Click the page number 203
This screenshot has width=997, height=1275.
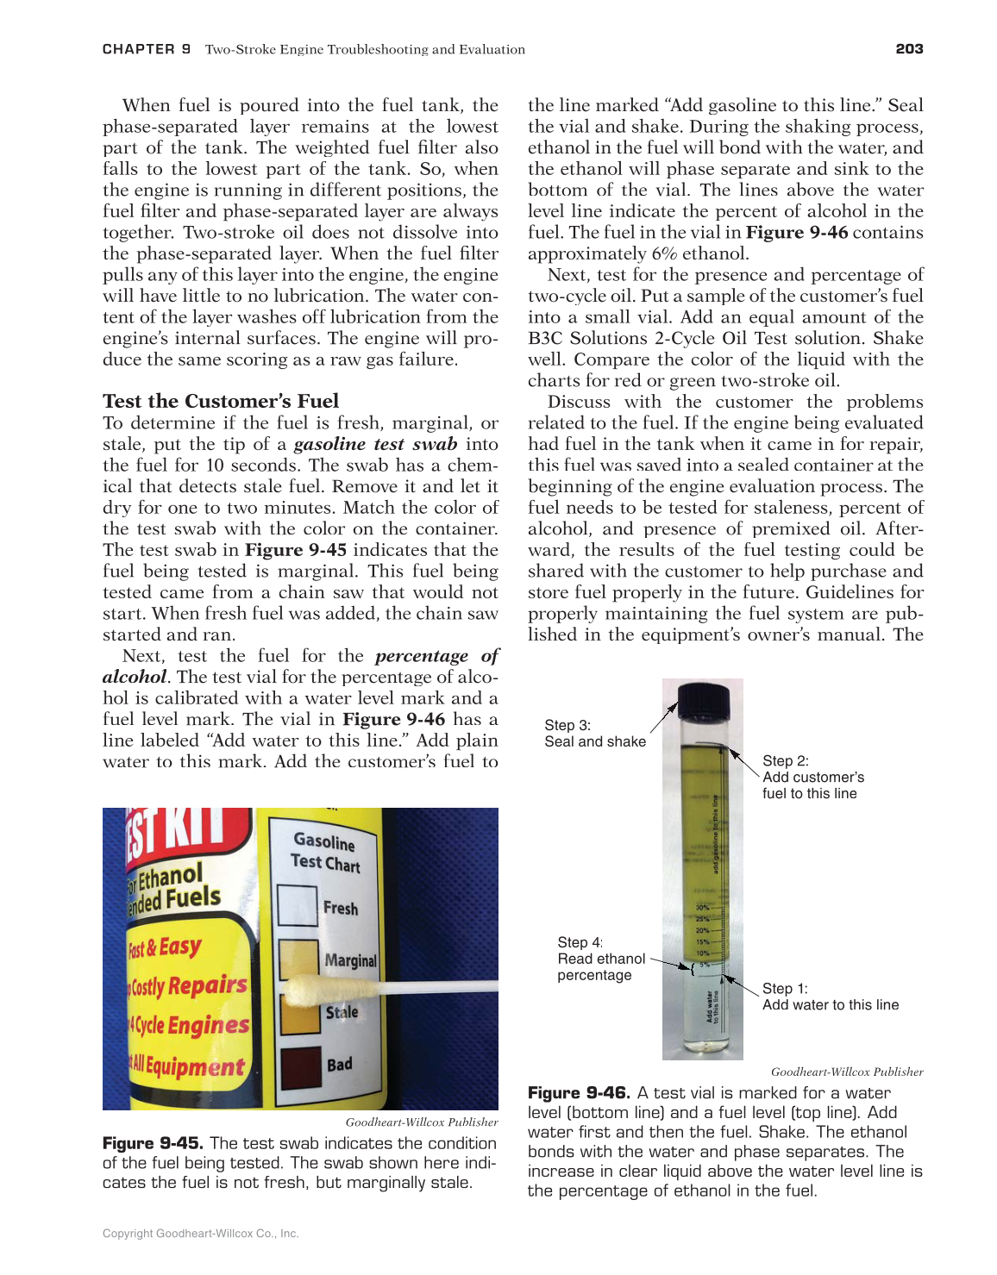point(909,49)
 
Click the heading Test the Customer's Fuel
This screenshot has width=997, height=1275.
point(221,401)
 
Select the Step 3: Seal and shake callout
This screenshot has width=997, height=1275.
point(595,734)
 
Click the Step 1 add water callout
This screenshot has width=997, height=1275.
point(830,997)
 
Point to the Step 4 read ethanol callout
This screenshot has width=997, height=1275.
point(600,959)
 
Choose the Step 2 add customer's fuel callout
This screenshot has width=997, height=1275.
point(812,777)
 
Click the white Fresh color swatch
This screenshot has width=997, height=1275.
point(298,906)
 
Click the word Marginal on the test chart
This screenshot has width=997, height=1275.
point(350,959)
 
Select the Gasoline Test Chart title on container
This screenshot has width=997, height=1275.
point(325,852)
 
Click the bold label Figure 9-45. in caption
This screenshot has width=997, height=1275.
point(153,1143)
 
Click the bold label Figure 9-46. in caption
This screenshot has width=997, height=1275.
point(579,1093)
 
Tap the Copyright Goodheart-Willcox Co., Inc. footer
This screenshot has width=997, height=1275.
point(200,1234)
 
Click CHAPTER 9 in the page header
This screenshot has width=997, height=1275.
point(146,49)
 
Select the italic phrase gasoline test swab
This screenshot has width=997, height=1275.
point(375,444)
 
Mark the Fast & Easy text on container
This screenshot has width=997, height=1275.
point(165,947)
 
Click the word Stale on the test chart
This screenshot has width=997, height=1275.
point(342,1012)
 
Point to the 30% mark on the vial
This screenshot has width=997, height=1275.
point(703,908)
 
